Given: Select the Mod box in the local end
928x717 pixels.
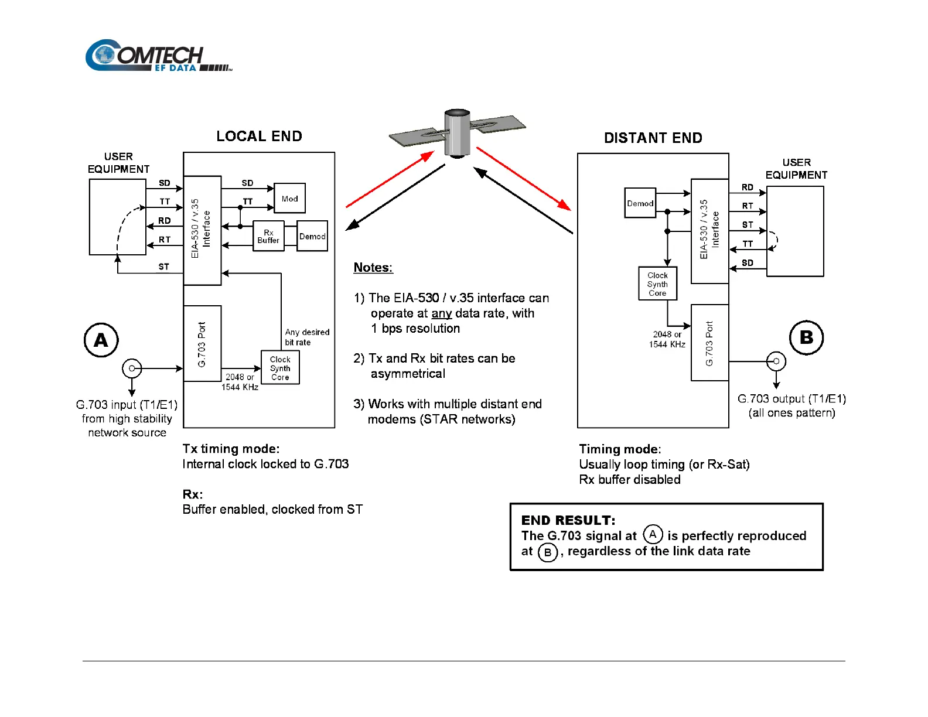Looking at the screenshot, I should [x=289, y=198].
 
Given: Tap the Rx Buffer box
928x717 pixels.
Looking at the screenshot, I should [x=268, y=236].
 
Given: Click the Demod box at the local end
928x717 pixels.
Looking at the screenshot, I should [x=312, y=236].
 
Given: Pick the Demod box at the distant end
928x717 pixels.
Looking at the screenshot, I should [x=640, y=203].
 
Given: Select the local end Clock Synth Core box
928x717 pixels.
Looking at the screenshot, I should [x=280, y=368].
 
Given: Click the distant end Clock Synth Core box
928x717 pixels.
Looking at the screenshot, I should [x=657, y=284].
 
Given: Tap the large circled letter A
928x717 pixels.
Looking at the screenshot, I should [x=101, y=340].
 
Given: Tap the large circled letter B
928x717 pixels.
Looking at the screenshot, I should [x=806, y=337].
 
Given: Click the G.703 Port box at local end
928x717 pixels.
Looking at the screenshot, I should [x=202, y=344].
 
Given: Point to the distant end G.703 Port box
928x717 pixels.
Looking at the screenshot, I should [x=709, y=343].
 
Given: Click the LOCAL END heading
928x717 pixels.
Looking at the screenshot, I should [x=259, y=136].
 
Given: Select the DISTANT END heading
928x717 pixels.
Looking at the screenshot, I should [x=653, y=138].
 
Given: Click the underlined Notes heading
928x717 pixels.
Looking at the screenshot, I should [x=373, y=268].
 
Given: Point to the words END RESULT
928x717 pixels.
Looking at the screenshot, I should [x=568, y=520].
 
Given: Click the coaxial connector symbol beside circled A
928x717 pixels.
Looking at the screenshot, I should [x=132, y=368].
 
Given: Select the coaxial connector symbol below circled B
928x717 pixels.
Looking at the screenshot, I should [x=776, y=361].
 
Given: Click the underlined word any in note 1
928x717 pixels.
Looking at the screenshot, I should [x=441, y=313].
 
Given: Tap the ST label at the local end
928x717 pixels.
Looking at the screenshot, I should [x=163, y=267].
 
